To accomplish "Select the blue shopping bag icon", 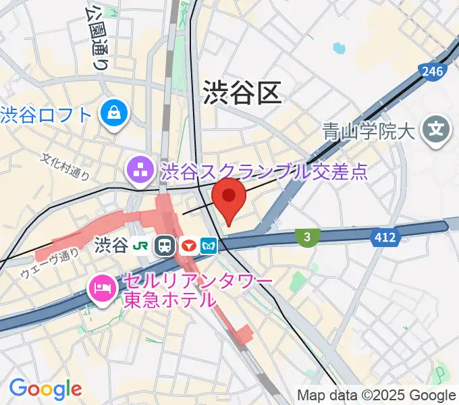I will coord(114,112).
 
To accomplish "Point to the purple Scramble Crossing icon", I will coord(141,169).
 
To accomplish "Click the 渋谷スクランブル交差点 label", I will coord(264,170).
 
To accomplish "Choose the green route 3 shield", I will coord(307,236).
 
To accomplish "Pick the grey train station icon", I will coord(164,246).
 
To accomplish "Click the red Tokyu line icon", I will coord(188,246).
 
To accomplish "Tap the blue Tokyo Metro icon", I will coord(209,246).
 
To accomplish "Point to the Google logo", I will coord(45,389).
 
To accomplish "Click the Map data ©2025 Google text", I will coord(377,395).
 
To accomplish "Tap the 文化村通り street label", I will coord(65,167).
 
